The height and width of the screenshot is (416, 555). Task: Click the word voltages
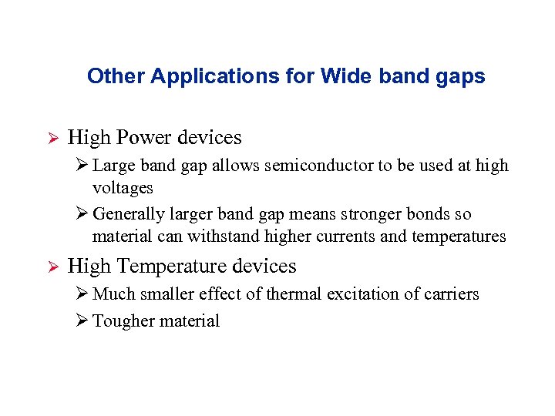coord(123,188)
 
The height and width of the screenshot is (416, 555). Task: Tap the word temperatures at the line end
coord(459,237)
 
